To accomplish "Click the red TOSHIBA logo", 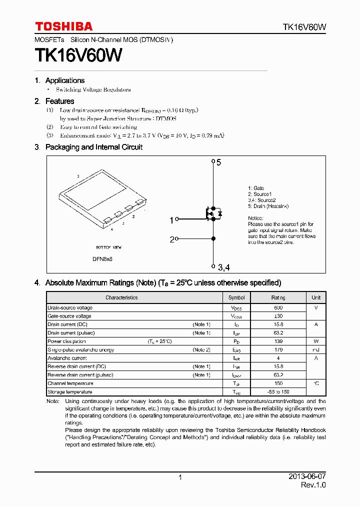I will click(63, 26).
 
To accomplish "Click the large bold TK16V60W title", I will click(78, 55).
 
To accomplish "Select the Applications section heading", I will click(64, 80).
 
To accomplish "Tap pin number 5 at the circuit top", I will click(218, 162).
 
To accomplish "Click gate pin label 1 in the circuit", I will click(171, 220).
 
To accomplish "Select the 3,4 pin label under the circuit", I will click(223, 268).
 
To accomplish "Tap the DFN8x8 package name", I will click(102, 259).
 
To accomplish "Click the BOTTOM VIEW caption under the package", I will click(108, 247).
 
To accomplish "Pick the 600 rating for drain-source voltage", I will click(278, 308).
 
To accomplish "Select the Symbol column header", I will click(236, 297).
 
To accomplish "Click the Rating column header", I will click(278, 297).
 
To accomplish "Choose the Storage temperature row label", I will click(69, 392).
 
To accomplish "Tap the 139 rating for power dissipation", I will click(278, 341).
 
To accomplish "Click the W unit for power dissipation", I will click(316, 341).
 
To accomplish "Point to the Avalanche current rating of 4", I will click(278, 358).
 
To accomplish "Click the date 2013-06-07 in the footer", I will click(306, 477).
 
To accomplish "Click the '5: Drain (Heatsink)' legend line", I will click(268, 206).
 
